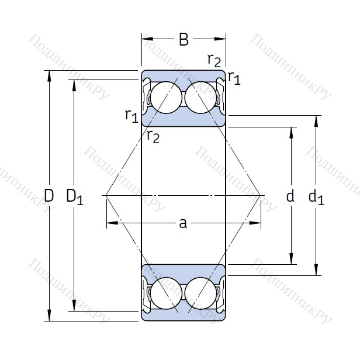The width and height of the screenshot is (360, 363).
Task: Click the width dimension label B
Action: click(x=184, y=40)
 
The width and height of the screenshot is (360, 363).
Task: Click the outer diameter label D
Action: click(x=49, y=196)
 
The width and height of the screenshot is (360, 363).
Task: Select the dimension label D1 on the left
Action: click(x=75, y=197)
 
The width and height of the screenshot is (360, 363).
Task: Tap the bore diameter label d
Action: click(x=290, y=196)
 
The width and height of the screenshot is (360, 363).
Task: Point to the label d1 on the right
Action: click(x=316, y=198)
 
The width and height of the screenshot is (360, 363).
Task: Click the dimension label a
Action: click(x=183, y=223)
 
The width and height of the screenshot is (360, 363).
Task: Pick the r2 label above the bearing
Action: click(x=214, y=60)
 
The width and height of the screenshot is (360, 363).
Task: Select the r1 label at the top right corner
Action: click(x=234, y=77)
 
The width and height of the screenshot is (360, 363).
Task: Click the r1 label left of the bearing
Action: click(x=131, y=115)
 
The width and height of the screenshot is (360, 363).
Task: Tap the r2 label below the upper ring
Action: click(x=153, y=137)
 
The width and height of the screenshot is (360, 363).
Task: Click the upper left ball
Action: click(x=165, y=96)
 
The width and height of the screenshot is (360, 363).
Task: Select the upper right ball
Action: click(x=200, y=96)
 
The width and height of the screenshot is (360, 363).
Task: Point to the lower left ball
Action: click(x=165, y=293)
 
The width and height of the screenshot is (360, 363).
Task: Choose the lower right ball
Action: click(x=200, y=293)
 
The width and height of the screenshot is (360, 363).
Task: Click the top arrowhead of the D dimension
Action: click(x=49, y=75)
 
